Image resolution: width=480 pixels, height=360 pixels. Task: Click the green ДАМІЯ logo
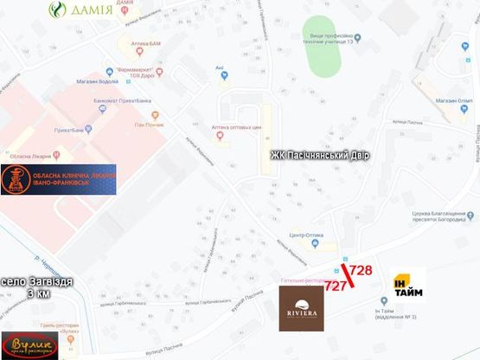tap(80, 11)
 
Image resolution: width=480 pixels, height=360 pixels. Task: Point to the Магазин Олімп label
tap(439, 104)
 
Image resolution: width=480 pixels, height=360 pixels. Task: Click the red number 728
tap(361, 270)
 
